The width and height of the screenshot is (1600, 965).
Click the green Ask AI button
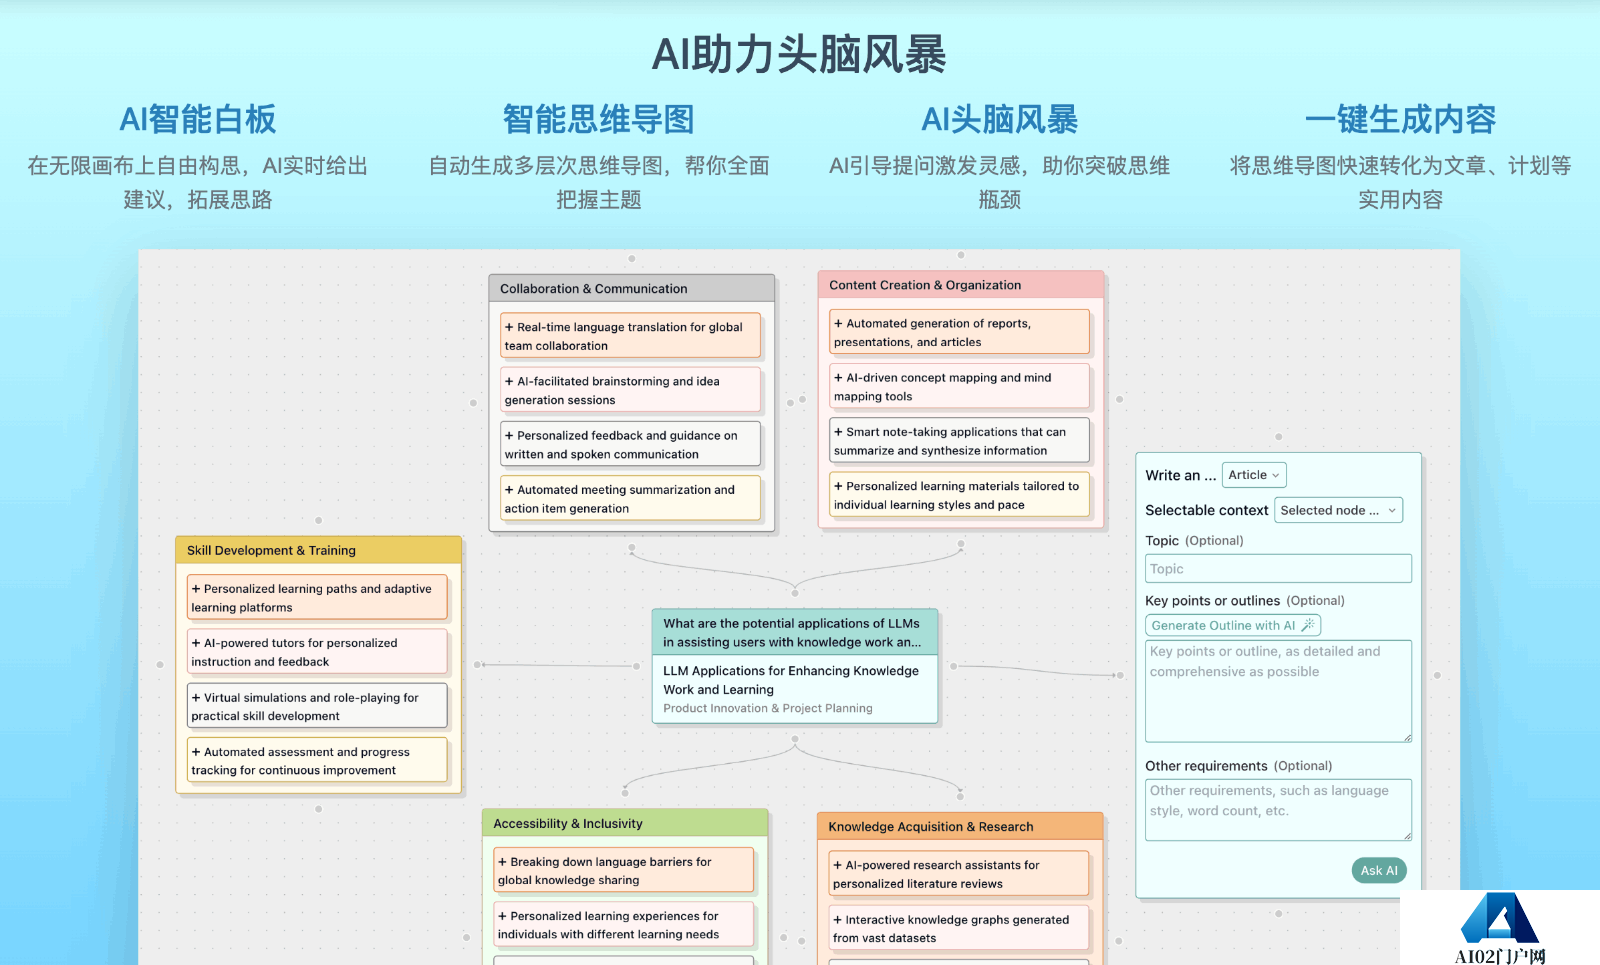1379,870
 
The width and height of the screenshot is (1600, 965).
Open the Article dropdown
1254,475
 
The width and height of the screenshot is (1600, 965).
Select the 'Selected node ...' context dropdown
1338,510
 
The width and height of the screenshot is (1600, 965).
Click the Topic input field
1278,569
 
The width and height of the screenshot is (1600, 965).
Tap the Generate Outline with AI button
1233,625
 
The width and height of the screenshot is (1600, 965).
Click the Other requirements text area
1278,809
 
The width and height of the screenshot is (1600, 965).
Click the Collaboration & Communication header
631,289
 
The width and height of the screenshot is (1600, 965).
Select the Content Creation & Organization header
961,284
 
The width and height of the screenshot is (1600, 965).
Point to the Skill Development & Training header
319,550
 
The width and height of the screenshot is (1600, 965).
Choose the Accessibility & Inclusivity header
625,823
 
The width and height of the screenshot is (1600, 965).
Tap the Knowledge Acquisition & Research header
960,826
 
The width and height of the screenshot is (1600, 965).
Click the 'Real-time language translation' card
630,336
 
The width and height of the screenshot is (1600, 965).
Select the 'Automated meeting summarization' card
630,499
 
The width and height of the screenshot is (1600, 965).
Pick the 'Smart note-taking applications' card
959,441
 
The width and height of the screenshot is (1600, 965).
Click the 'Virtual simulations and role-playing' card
317,706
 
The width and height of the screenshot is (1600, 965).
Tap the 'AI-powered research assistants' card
959,874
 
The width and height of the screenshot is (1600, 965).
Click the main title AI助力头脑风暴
799,54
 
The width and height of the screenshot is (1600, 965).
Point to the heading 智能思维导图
599,119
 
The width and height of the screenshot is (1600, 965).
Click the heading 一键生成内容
1400,119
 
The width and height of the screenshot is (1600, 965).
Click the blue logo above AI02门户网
1499,918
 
